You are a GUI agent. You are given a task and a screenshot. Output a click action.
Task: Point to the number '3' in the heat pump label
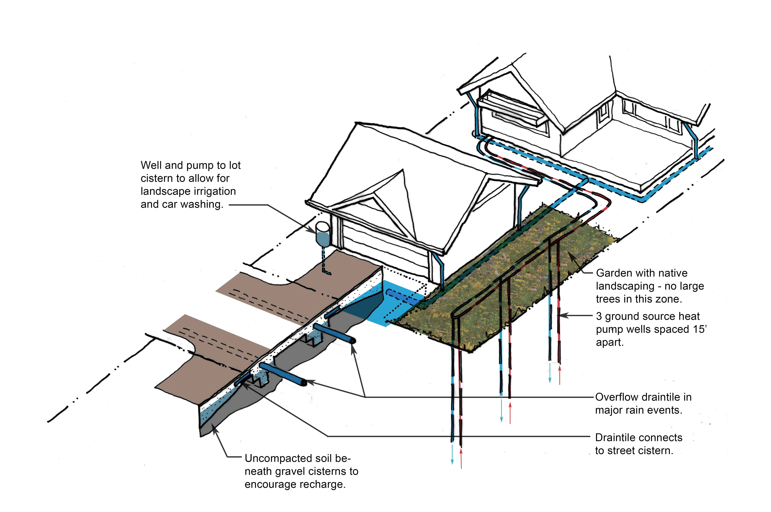click(599, 316)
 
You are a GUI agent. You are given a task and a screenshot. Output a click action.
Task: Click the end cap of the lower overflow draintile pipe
click(304, 383)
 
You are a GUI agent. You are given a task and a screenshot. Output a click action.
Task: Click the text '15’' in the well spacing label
click(700, 329)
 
